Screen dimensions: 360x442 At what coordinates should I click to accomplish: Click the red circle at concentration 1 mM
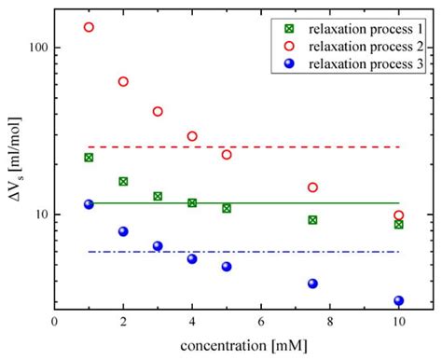[x=89, y=27]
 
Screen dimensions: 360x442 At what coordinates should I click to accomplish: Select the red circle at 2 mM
[x=123, y=82]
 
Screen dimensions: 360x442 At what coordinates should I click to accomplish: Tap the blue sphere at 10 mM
[x=398, y=301]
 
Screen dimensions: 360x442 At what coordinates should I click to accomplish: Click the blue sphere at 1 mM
[x=89, y=204]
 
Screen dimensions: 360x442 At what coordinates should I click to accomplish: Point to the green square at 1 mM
[x=89, y=158]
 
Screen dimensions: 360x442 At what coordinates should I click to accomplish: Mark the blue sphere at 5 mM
[x=227, y=267]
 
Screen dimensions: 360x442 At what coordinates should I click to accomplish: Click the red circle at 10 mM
[x=398, y=215]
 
